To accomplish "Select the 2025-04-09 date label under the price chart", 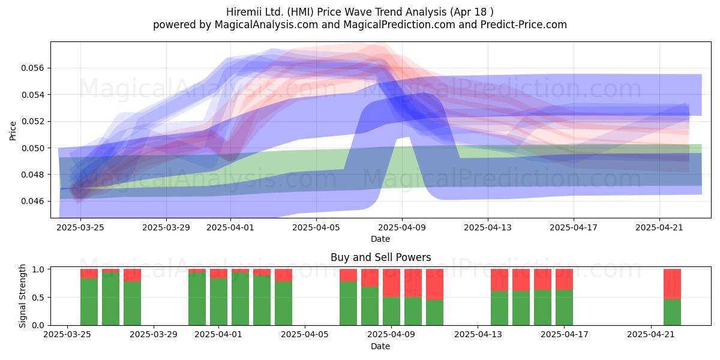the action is tap(402, 227).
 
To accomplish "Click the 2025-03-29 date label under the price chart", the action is tap(166, 227).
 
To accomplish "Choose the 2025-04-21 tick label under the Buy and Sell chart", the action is tap(651, 334).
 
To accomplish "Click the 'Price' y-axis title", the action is tap(13, 131).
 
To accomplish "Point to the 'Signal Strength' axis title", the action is tap(22, 296).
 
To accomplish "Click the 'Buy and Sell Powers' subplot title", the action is tap(380, 257).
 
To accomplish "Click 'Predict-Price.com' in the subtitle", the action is tap(524, 25).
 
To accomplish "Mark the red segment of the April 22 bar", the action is tap(672, 284).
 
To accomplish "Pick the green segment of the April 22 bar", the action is tap(672, 312).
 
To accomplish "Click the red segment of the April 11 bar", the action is tap(434, 284).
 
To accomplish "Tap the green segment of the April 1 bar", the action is tap(218, 302).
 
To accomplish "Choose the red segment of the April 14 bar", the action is tap(499, 280).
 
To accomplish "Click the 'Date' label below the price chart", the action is tap(380, 239).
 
